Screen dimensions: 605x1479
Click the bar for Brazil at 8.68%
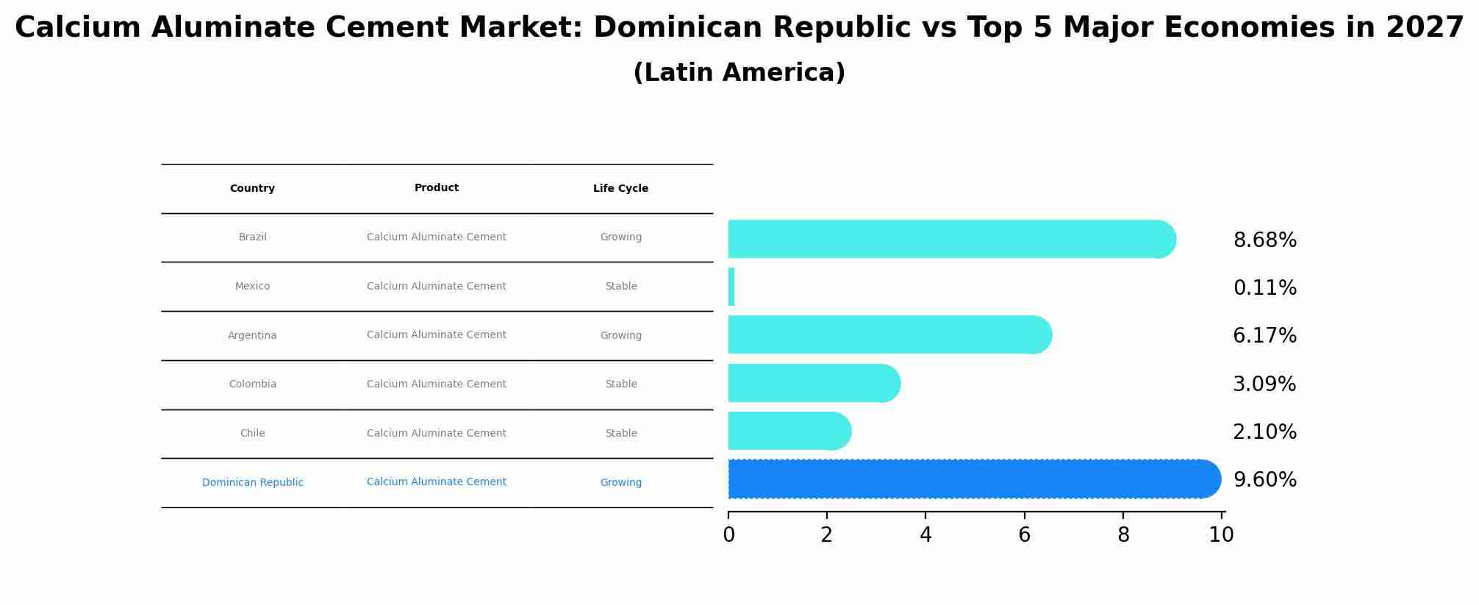pyautogui.click(x=948, y=239)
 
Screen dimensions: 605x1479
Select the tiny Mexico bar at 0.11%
pyautogui.click(x=731, y=287)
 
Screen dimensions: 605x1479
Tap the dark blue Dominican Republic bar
pyautogui.click(x=970, y=479)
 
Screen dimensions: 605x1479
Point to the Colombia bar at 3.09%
pyautogui.click(x=812, y=383)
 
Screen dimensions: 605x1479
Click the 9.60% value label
pyautogui.click(x=1264, y=480)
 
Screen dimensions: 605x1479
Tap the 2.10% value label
pyautogui.click(x=1264, y=432)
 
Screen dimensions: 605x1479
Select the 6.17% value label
pyautogui.click(x=1264, y=336)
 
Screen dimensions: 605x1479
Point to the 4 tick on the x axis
pyautogui.click(x=925, y=534)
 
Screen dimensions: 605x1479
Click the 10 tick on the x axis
pyautogui.click(x=1221, y=534)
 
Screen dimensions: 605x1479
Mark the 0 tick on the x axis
pyautogui.click(x=728, y=534)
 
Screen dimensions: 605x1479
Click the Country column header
pyautogui.click(x=252, y=188)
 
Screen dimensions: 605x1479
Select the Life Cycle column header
pyautogui.click(x=620, y=188)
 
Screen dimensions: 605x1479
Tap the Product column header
pyautogui.click(x=436, y=187)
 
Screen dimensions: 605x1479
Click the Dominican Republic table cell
pyautogui.click(x=252, y=482)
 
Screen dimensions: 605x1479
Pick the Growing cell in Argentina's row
pyautogui.click(x=620, y=335)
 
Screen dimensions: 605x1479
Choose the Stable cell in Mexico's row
pyautogui.click(x=620, y=286)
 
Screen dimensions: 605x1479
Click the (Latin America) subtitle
pyautogui.click(x=739, y=73)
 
